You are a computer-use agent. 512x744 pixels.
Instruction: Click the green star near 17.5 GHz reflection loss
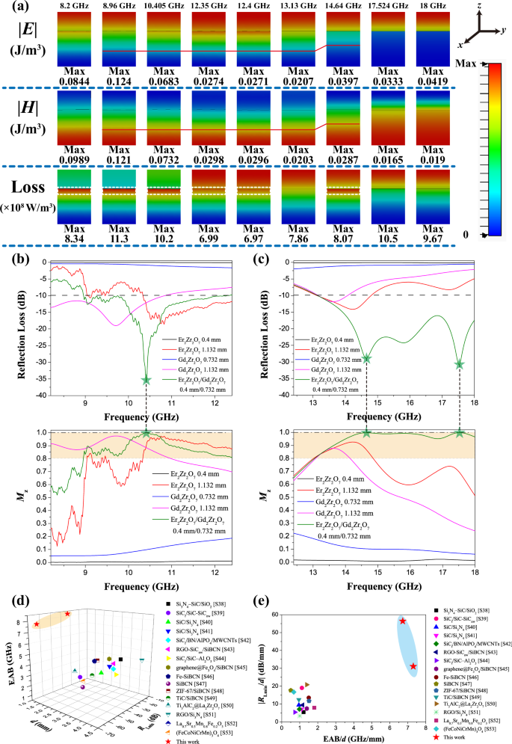click(460, 364)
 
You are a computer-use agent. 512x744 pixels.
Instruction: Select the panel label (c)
click(261, 262)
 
